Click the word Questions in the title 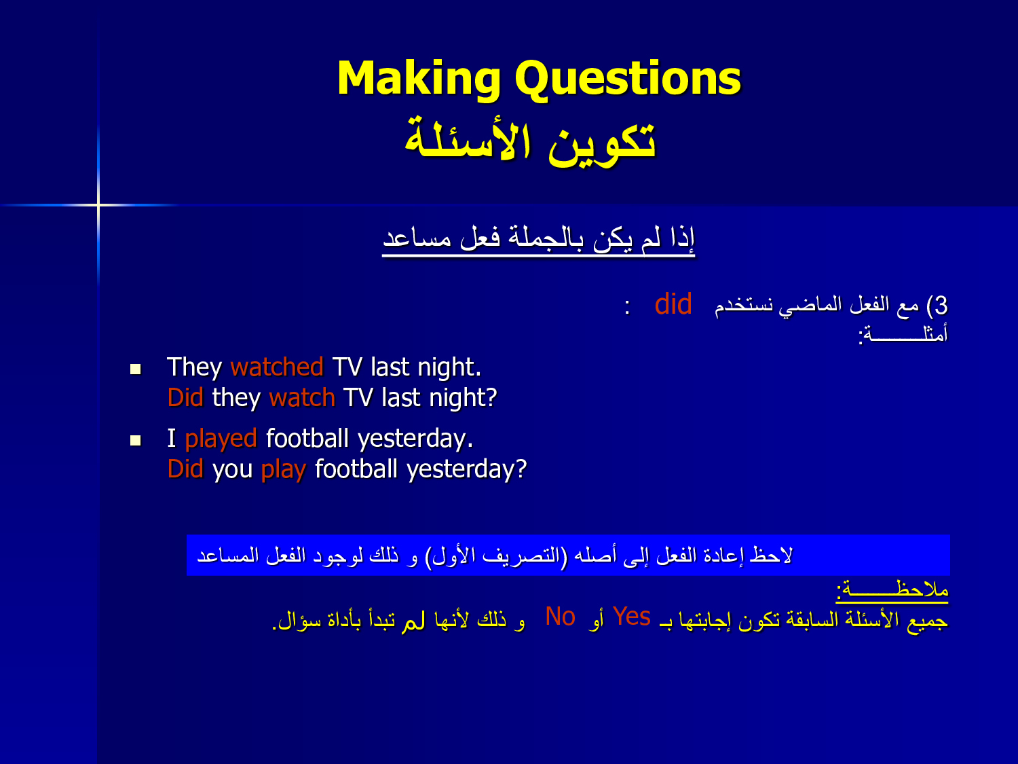628,78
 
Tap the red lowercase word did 673,304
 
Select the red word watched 277,367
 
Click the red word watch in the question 302,397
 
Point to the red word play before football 284,470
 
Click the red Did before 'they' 185,397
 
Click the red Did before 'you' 185,469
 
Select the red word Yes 632,617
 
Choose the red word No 561,617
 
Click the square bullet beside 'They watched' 136,369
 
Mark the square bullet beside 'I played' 136,440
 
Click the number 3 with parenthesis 937,306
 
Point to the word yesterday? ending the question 467,470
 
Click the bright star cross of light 98,204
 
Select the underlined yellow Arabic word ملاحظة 892,591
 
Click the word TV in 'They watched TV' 347,367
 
